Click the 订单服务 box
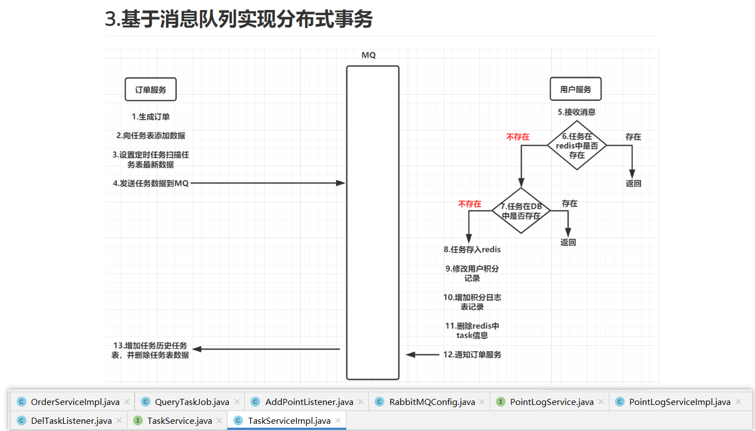click(x=151, y=89)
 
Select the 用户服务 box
click(x=576, y=89)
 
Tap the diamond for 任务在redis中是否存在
click(x=577, y=146)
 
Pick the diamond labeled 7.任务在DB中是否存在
click(x=521, y=211)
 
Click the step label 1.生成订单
click(x=151, y=116)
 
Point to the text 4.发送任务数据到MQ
click(x=151, y=183)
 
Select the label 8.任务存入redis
click(x=472, y=249)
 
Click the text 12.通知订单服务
click(x=472, y=355)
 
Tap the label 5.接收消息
click(x=577, y=112)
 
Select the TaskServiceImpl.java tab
click(x=289, y=421)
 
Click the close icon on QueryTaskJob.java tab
click(x=238, y=402)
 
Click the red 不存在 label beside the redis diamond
click(x=518, y=137)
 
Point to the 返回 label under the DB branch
click(x=568, y=242)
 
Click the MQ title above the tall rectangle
click(x=369, y=55)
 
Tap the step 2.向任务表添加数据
click(x=151, y=136)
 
